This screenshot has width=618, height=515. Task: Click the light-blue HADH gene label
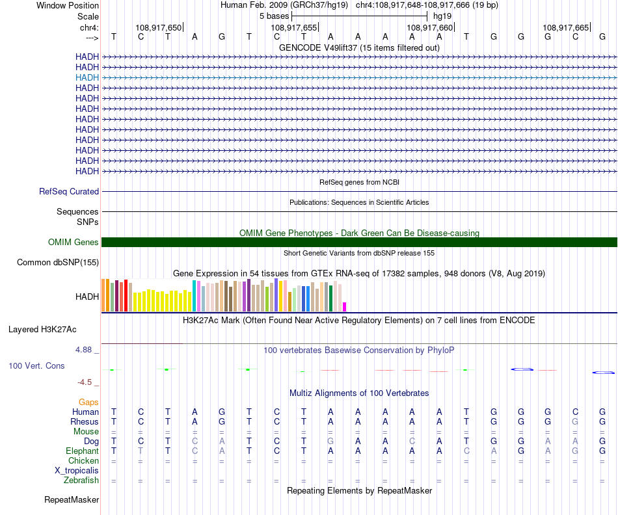coord(87,77)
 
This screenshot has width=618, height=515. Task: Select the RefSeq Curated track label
coord(69,192)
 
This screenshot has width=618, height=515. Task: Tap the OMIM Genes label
coord(74,243)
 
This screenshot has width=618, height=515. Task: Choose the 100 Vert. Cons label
coord(36,366)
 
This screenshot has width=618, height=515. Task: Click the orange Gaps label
coord(88,403)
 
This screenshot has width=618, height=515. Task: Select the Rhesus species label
coord(85,422)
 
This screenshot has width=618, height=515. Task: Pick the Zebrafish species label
coord(81,481)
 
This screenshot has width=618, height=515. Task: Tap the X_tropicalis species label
coord(77,470)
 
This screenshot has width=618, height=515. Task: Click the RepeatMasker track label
coord(72,500)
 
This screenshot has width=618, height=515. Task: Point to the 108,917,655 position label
coord(294,28)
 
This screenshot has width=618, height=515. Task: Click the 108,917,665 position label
coord(565,28)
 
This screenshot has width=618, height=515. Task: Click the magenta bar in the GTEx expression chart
coord(345,307)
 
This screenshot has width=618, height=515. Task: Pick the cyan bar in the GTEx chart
coord(195,296)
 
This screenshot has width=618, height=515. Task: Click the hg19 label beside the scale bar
coord(442,16)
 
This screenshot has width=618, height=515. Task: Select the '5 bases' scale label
coord(274,16)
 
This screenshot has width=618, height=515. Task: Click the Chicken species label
coord(84,461)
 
